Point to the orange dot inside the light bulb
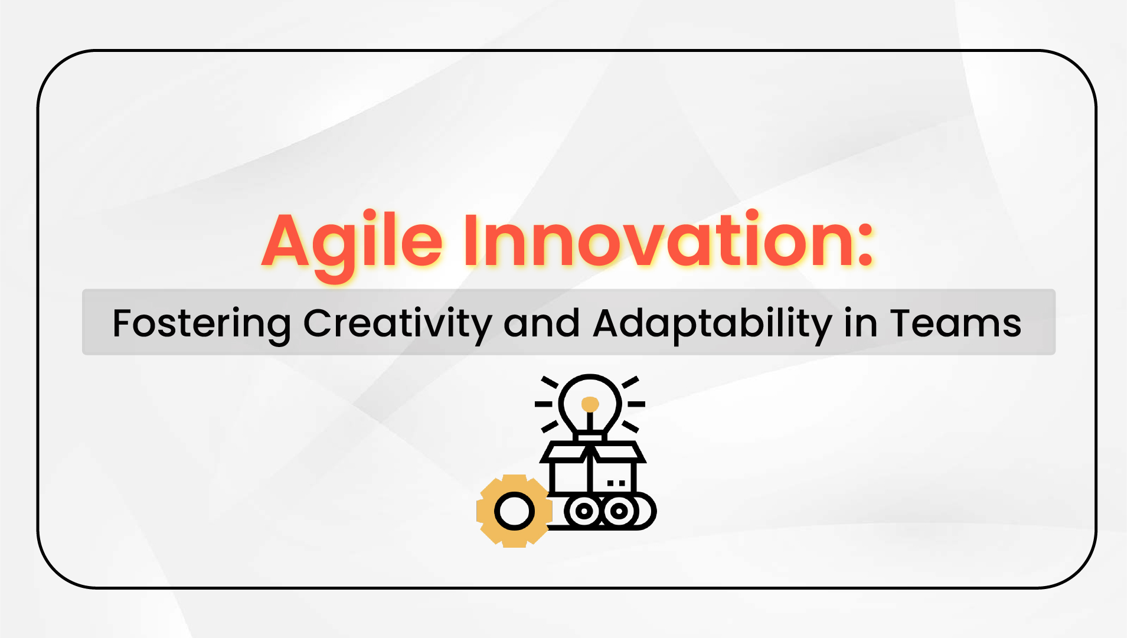click(590, 404)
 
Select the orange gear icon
click(514, 511)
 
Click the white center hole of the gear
click(514, 511)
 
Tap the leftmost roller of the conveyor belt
click(584, 511)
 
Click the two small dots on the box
click(616, 483)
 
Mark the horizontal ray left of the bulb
click(543, 404)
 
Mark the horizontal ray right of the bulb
click(636, 404)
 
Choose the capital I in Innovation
click(470, 241)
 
